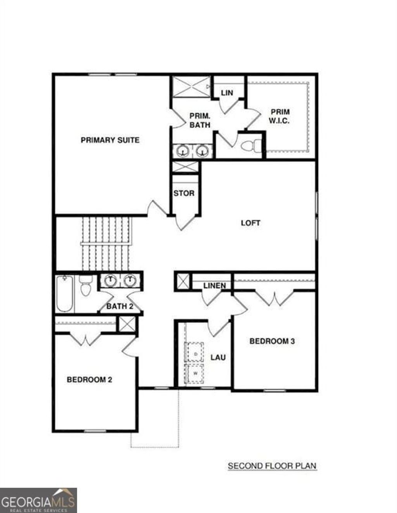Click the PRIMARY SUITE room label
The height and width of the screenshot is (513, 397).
tap(110, 140)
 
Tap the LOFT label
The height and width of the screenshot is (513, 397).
tap(250, 223)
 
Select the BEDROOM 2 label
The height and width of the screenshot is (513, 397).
tap(90, 379)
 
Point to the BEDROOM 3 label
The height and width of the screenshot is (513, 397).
tap(272, 341)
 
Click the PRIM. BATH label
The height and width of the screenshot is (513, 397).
tap(200, 120)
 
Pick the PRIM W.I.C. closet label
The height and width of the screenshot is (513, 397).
tap(280, 116)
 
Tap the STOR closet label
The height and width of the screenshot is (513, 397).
tap(184, 193)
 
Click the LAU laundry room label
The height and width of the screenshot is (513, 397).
tap(218, 357)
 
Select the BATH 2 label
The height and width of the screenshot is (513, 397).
tap(120, 306)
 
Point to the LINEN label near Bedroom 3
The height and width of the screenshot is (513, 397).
tap(214, 286)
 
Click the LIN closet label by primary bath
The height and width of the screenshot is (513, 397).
tap(227, 93)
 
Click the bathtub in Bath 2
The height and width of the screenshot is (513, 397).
tap(64, 293)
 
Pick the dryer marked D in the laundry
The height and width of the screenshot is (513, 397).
tap(196, 353)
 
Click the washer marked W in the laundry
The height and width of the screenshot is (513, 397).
tap(195, 374)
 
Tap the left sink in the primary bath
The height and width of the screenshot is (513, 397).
tap(182, 151)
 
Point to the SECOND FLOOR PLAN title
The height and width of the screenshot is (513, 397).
tap(272, 465)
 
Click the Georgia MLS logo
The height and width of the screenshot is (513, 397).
tap(38, 500)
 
